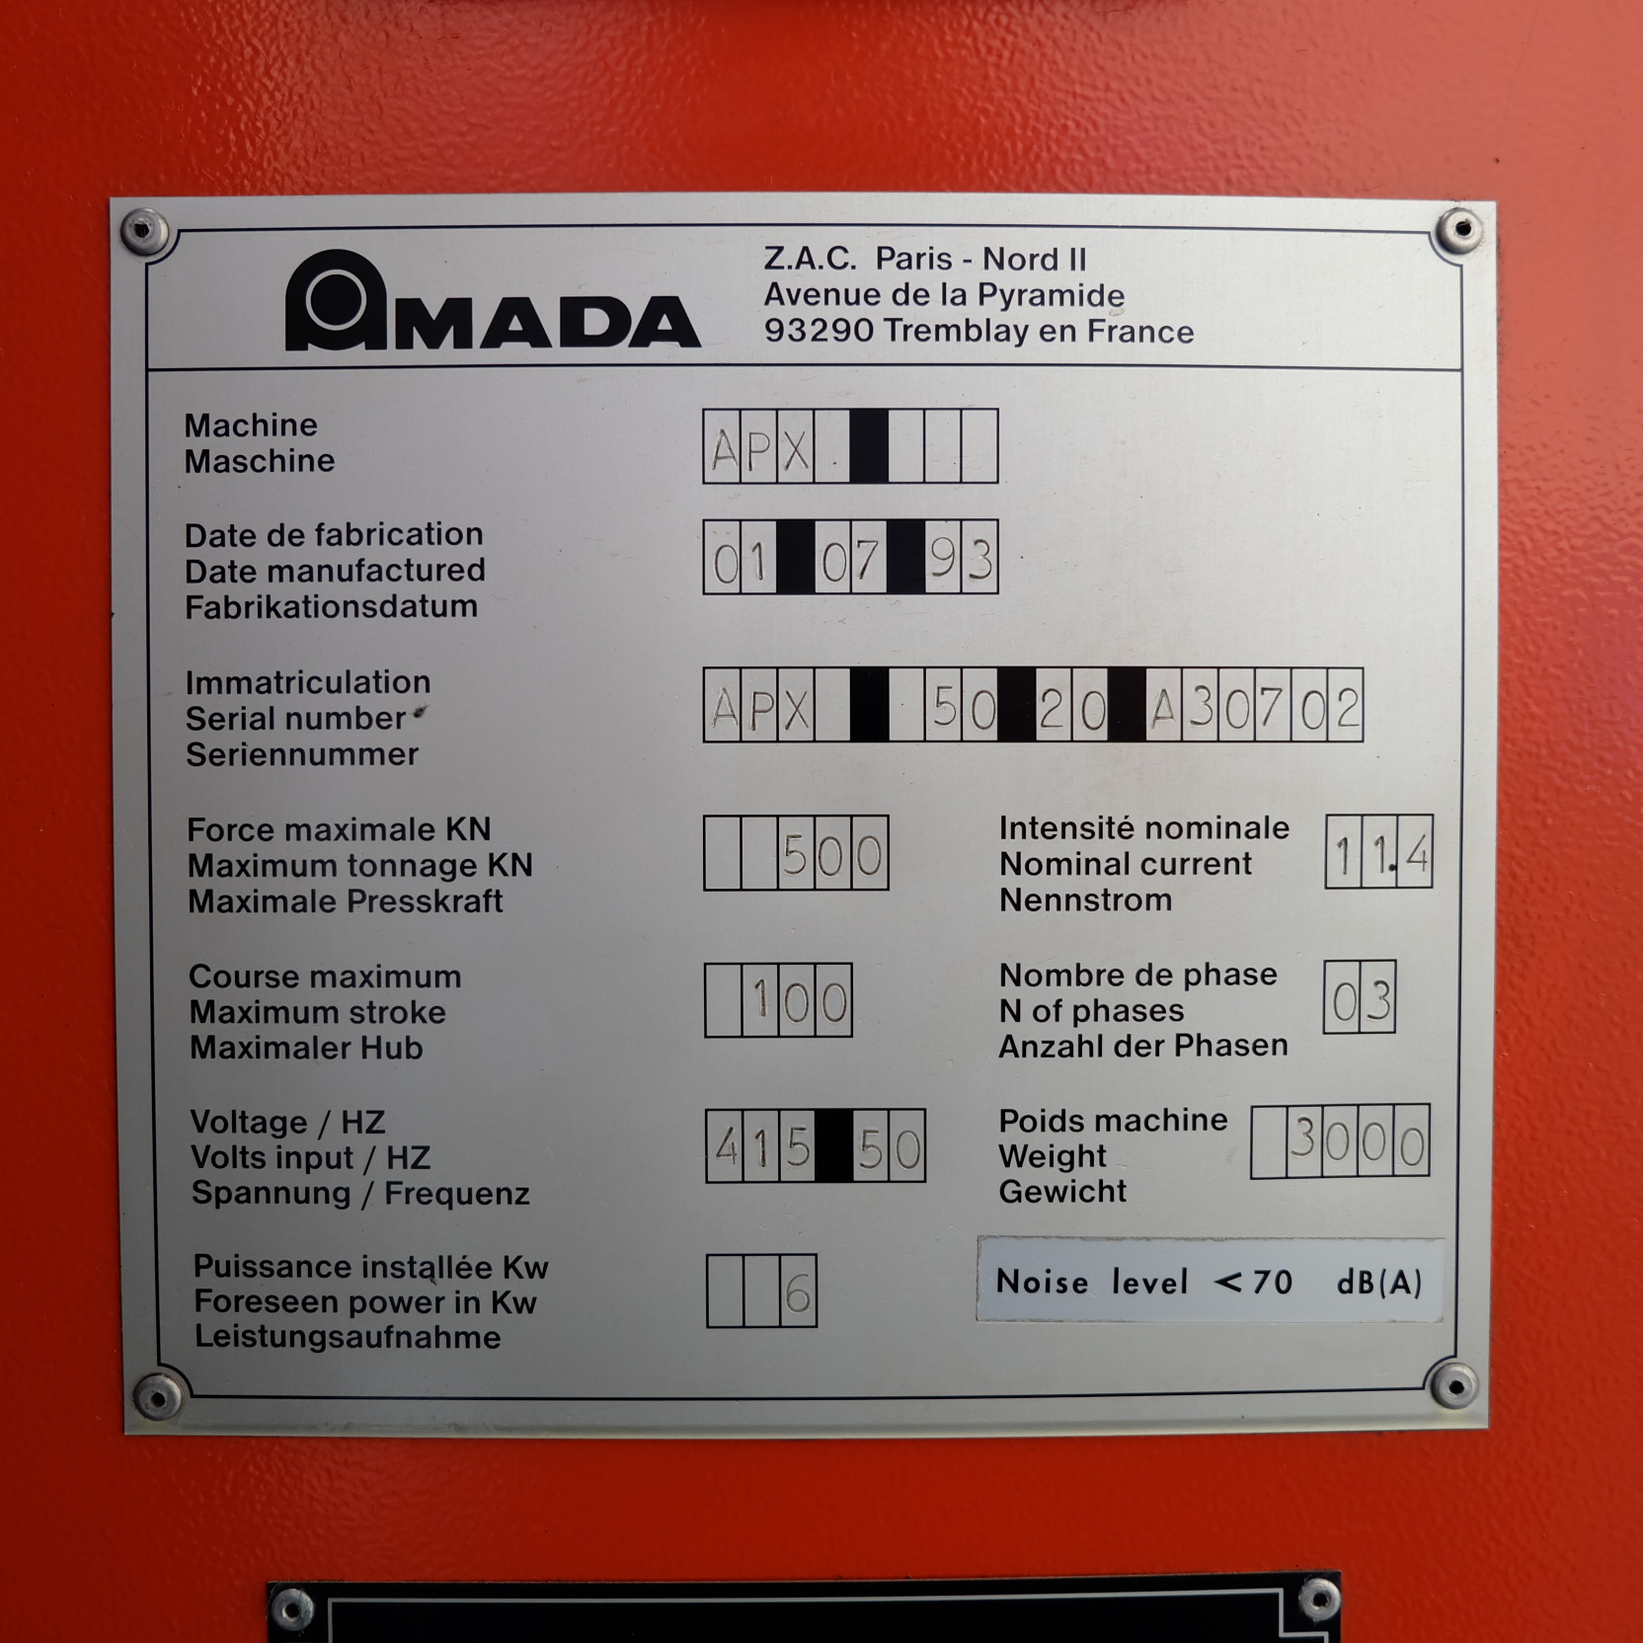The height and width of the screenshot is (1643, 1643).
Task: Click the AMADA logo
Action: click(492, 300)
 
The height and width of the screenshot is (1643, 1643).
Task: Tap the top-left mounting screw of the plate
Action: click(144, 232)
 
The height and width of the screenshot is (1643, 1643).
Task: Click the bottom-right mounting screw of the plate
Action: click(1453, 1384)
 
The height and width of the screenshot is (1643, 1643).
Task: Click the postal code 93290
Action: click(820, 331)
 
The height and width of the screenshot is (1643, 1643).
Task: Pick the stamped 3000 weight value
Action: click(1358, 1142)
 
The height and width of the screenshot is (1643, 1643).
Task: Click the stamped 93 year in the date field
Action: click(961, 560)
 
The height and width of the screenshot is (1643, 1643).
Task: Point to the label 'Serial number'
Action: click(295, 719)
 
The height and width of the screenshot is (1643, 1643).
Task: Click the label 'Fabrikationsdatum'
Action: click(331, 606)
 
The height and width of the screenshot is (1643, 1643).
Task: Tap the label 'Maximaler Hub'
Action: click(306, 1048)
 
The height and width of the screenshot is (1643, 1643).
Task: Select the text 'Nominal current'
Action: click(1125, 864)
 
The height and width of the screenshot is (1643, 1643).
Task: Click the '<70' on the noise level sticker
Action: click(1253, 1282)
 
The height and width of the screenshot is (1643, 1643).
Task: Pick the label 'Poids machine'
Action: click(1113, 1121)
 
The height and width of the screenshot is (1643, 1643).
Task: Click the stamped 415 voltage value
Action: click(761, 1147)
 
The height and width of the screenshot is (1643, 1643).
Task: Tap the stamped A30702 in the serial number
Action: click(1255, 708)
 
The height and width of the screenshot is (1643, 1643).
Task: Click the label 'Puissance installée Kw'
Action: click(370, 1267)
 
